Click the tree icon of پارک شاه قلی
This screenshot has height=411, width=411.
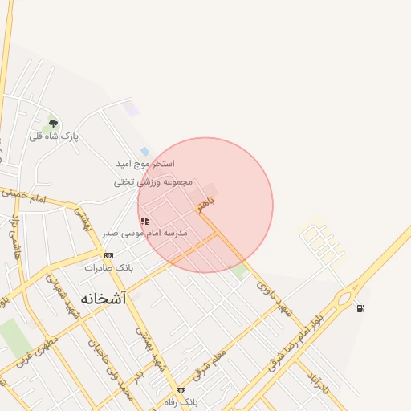53,123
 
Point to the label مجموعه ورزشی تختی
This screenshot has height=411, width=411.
154,182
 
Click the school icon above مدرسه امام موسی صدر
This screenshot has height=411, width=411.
144,221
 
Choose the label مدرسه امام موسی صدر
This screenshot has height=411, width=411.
144,233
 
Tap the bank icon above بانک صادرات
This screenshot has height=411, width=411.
108,255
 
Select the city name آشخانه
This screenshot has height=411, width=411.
104,298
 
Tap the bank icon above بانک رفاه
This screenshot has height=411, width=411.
181,390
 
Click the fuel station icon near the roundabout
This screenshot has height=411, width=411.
360,308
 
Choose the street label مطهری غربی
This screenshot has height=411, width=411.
39,353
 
